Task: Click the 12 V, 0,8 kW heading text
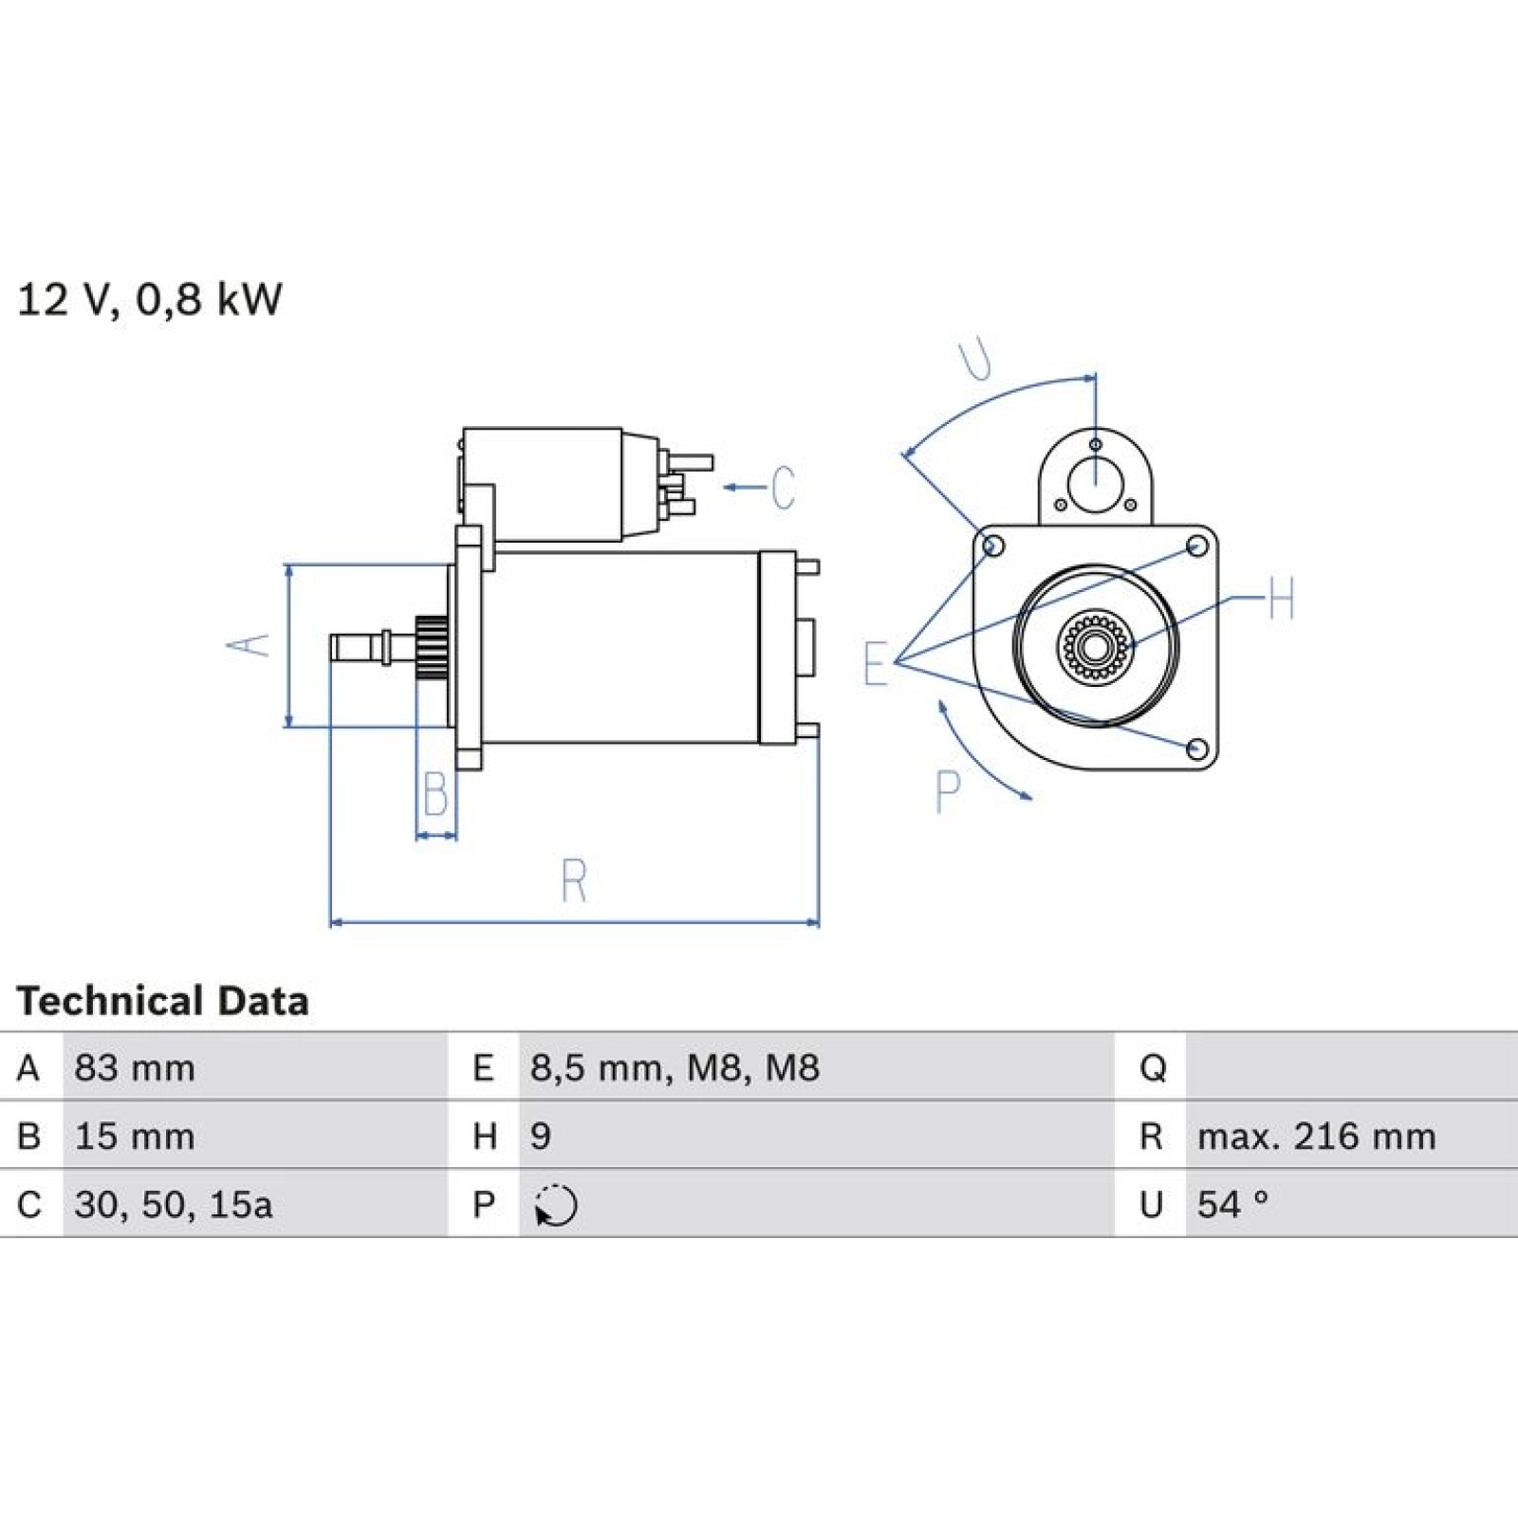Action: [x=150, y=300]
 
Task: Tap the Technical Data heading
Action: [x=162, y=1001]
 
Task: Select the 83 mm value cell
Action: [x=135, y=1068]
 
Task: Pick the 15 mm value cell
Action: [x=135, y=1137]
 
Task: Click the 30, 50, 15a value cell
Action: [x=174, y=1205]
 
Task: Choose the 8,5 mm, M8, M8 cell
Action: [x=675, y=1068]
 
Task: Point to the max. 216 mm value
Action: [x=1317, y=1137]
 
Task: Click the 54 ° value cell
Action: [x=1232, y=1205]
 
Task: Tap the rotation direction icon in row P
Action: [x=556, y=1206]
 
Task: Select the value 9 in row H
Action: [x=541, y=1137]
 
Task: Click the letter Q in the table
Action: [x=1153, y=1069]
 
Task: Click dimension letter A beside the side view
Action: [x=249, y=645]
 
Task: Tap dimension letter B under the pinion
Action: [x=435, y=794]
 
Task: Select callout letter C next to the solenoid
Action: [x=783, y=488]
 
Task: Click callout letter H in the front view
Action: [x=1281, y=599]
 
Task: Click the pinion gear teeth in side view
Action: [x=432, y=647]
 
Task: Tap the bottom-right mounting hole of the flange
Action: [x=1198, y=750]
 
